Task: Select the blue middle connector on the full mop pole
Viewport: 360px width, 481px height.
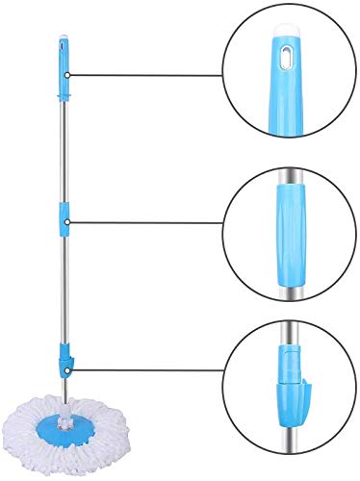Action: click(x=65, y=220)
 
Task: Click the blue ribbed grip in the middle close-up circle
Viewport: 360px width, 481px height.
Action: click(x=289, y=223)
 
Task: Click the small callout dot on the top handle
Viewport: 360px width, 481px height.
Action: click(x=68, y=75)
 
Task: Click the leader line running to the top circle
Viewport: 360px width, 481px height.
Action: click(x=144, y=75)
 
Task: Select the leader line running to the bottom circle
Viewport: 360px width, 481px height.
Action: click(x=144, y=367)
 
